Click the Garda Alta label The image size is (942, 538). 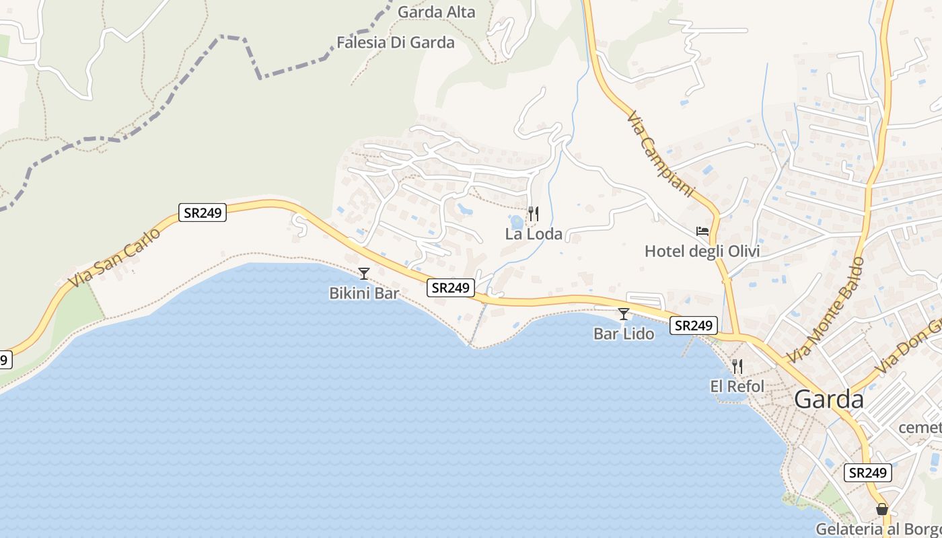436,12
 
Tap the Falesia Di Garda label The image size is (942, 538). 396,42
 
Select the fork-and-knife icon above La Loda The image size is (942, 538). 534,214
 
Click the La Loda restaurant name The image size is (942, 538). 534,234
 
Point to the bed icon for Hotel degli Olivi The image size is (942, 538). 702,231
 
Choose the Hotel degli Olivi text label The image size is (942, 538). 702,252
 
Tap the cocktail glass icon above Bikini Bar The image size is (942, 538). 364,273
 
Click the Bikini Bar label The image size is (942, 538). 364,293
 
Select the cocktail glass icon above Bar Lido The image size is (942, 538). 624,313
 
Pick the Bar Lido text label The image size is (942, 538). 624,334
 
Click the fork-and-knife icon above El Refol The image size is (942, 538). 737,367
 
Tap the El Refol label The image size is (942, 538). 737,387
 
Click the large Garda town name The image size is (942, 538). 829,399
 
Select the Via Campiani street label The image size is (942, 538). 659,154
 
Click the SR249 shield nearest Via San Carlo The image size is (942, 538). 203,213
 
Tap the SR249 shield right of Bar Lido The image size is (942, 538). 693,325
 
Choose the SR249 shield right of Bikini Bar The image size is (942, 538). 450,288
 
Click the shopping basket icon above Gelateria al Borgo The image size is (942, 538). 881,509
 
